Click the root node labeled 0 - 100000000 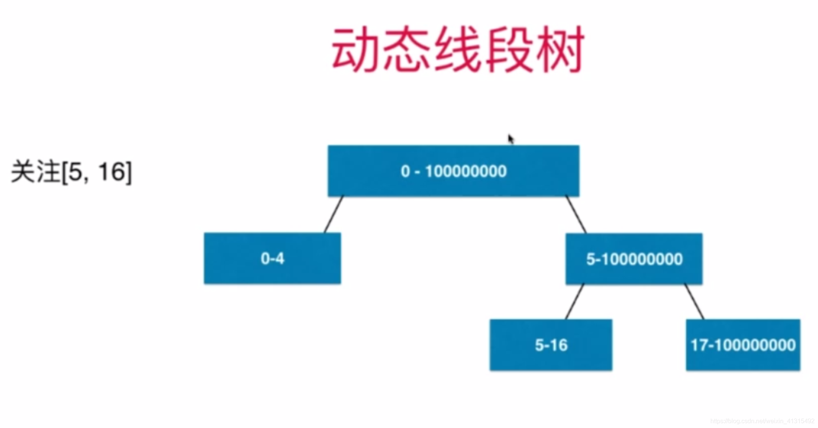click(453, 171)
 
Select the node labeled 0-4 click(272, 258)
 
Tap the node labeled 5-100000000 click(634, 259)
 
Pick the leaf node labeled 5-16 click(551, 345)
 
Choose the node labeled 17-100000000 click(743, 345)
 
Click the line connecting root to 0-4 click(334, 215)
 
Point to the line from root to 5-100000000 click(576, 215)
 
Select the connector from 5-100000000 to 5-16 click(574, 302)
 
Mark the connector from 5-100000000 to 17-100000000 click(694, 302)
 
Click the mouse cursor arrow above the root click(510, 139)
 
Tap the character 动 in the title click(355, 50)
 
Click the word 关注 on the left click(35, 172)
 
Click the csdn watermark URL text click(762, 421)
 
